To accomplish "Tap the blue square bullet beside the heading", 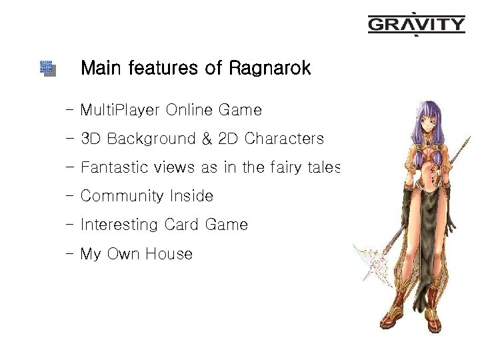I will (47, 68).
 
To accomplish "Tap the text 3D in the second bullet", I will (91, 139).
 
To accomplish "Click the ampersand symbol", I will (207, 139).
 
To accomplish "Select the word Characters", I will (284, 139).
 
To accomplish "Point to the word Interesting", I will (119, 225).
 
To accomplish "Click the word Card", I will (181, 225).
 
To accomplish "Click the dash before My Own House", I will (70, 254).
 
